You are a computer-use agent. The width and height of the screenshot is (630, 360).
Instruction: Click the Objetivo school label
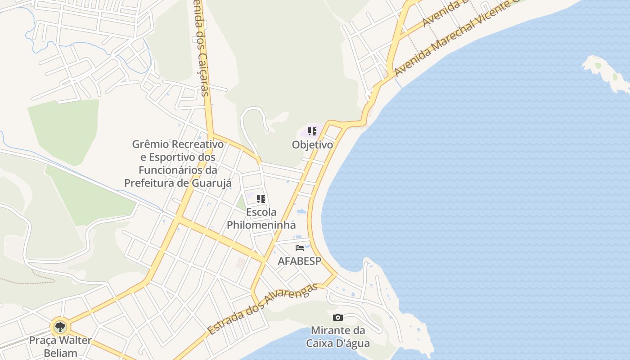[312, 145]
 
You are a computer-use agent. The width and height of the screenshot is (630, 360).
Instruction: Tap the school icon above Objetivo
[312, 131]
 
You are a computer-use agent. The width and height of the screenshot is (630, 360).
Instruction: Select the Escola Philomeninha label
[261, 218]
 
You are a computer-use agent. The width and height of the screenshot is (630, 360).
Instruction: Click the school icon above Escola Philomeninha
[261, 198]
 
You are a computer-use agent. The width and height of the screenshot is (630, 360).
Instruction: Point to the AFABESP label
[299, 261]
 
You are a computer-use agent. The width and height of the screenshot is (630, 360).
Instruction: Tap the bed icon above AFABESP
[300, 248]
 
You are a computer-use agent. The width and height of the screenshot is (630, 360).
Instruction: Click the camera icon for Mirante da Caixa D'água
[338, 318]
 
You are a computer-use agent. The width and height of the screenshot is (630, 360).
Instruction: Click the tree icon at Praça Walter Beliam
[60, 327]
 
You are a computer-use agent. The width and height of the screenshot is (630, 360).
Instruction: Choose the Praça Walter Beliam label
[60, 346]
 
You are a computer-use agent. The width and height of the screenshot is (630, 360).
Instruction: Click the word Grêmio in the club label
[150, 144]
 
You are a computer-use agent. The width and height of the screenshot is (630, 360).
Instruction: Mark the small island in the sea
[605, 72]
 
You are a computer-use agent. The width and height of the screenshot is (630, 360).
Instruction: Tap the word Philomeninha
[261, 225]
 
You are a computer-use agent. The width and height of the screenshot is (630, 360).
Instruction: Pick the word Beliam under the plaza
[60, 353]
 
